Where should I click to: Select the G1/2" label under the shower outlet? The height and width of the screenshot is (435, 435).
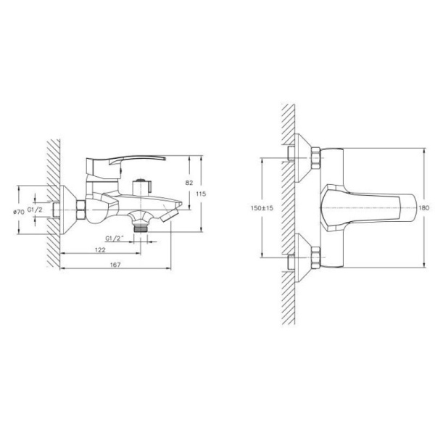117,237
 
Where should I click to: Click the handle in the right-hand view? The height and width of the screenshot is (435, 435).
362,207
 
